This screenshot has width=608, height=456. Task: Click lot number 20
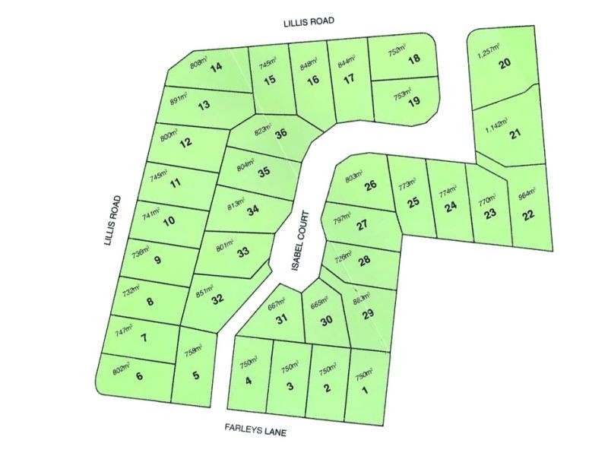pos(504,65)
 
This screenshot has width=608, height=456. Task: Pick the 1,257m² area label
pos(489,51)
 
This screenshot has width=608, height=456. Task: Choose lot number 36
pos(281,134)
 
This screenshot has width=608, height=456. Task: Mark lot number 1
pos(366,392)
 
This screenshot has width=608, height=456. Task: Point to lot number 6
pos(139,376)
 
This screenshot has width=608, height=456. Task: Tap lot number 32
pos(217,299)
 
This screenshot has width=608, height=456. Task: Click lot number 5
pos(196,375)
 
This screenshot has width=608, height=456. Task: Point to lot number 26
pos(370,186)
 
